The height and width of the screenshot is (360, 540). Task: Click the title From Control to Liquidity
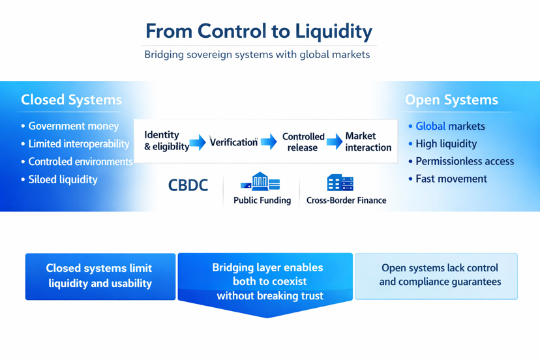[258, 31]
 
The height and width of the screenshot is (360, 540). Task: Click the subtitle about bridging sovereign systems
[257, 55]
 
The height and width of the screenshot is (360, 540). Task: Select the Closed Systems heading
[71, 100]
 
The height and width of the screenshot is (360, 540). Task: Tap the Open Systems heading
[451, 100]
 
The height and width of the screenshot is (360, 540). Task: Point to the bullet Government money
[73, 126]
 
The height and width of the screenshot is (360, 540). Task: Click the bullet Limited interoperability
[78, 143]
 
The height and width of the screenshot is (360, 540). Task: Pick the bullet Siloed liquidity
[63, 179]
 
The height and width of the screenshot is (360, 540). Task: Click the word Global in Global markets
[430, 126]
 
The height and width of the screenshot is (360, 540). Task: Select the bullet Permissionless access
[464, 161]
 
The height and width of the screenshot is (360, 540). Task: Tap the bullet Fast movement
[451, 179]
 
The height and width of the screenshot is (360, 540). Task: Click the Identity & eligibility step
[166, 141]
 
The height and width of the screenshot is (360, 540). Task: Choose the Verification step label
[233, 142]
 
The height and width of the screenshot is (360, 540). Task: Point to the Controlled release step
[303, 142]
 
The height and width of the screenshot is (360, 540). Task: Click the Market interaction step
[368, 142]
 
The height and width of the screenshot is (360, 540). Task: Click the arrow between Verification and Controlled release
[269, 142]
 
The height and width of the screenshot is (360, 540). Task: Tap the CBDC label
[188, 185]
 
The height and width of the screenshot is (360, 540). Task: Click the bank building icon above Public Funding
[260, 181]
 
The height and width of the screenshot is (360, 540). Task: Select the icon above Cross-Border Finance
[340, 183]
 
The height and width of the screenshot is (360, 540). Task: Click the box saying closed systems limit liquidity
[100, 276]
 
